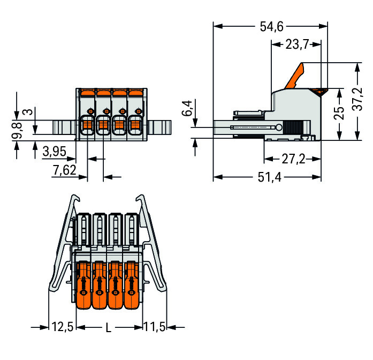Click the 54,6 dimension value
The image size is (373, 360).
[x=272, y=26]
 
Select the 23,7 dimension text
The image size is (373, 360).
[x=297, y=44]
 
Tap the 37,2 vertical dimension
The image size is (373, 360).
[x=357, y=99]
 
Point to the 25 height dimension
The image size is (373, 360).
[x=339, y=113]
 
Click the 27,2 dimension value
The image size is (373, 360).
[x=293, y=159]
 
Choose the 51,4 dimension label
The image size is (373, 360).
[x=270, y=177]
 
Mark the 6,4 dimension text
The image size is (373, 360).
[x=187, y=108]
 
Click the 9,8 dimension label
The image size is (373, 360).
[x=17, y=131]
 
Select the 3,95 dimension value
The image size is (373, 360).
[x=55, y=152]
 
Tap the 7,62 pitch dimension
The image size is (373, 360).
[x=64, y=170]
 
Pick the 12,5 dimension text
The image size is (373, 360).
[x=62, y=326]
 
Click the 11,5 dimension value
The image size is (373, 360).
[x=154, y=326]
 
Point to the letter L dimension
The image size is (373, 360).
[x=108, y=328]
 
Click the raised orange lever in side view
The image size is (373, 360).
[x=295, y=76]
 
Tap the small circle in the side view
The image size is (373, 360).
[x=279, y=127]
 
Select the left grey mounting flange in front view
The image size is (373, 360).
[x=64, y=127]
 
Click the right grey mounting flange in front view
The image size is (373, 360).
[x=159, y=127]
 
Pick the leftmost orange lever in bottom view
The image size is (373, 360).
[x=83, y=285]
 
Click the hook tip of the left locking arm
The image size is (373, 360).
[x=77, y=198]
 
